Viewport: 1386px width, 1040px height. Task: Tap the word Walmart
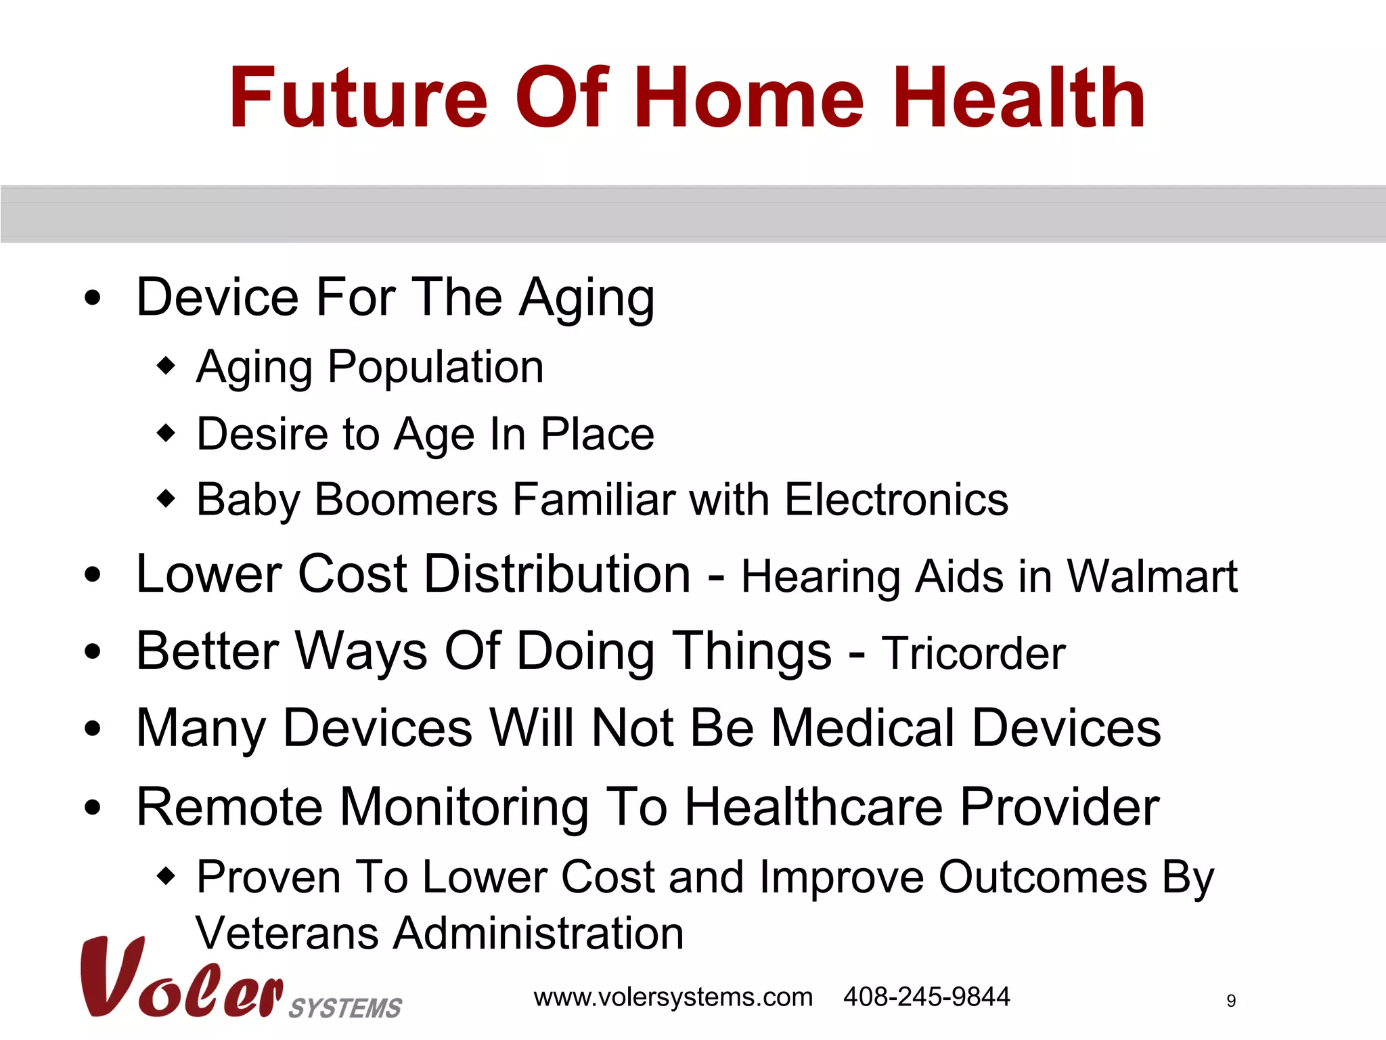point(1152,577)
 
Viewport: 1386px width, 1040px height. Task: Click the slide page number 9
point(1231,1001)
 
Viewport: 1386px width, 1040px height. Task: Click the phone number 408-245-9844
point(926,997)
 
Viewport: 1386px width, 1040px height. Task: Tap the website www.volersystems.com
point(673,997)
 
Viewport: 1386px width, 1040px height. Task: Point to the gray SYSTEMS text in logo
point(345,1008)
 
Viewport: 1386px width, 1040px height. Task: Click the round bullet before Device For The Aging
point(93,298)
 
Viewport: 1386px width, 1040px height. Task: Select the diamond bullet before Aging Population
point(166,366)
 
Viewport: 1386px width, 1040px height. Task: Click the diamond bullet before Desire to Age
point(166,433)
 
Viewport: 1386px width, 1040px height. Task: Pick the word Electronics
point(896,500)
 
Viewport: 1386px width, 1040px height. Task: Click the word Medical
point(863,729)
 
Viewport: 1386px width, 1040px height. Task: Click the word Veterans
point(286,933)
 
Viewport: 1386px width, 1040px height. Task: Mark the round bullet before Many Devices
point(93,729)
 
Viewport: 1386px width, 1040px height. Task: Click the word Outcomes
point(1042,877)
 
